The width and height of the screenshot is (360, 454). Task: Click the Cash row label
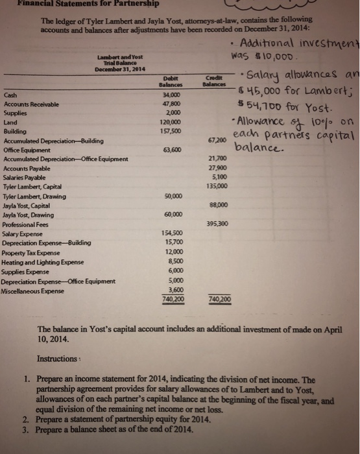point(11,94)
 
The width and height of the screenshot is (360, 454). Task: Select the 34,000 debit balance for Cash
point(172,94)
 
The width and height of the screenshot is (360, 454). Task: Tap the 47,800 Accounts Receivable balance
point(172,103)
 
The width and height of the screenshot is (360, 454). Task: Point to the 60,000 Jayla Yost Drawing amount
point(173,215)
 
